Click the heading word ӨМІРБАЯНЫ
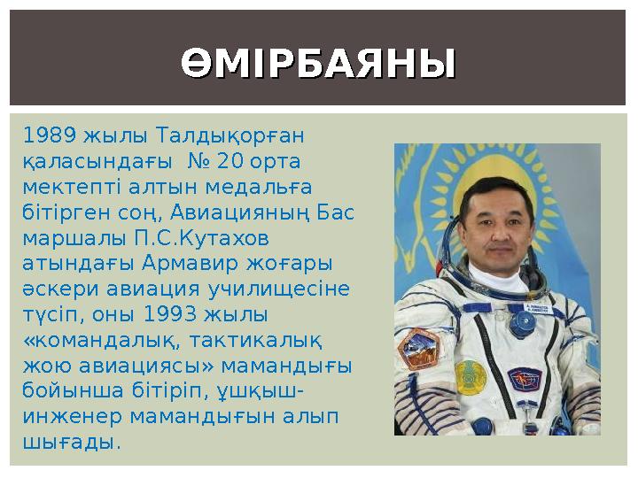319,64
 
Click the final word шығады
70,441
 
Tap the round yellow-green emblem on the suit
471,376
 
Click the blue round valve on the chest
523,322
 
